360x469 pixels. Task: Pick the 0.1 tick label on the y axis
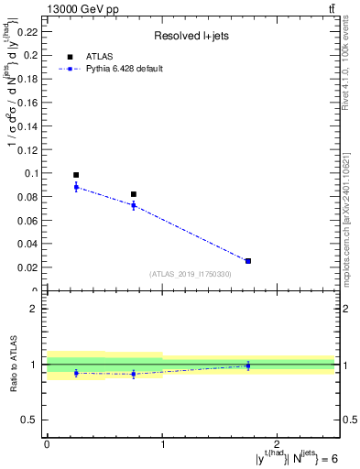[33, 173]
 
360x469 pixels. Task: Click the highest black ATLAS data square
[76, 175]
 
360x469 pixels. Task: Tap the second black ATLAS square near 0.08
[134, 194]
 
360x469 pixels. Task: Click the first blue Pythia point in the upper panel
[76, 187]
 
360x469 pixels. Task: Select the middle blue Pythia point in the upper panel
[134, 205]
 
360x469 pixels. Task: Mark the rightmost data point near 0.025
[248, 261]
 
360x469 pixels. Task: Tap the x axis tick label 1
[162, 444]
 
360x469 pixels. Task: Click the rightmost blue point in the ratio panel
[248, 365]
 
